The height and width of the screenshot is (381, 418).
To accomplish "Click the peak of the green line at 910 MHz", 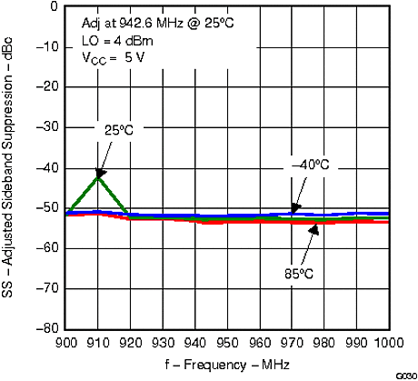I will pos(98,175).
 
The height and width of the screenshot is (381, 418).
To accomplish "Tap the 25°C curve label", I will pos(116,130).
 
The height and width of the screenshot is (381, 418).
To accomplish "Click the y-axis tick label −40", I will pos(46,168).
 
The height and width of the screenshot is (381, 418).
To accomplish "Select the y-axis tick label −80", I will pos(46,328).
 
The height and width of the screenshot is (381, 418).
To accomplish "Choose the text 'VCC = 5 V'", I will pos(111,56).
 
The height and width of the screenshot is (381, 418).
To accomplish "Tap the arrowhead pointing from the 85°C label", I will pos(314,229).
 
